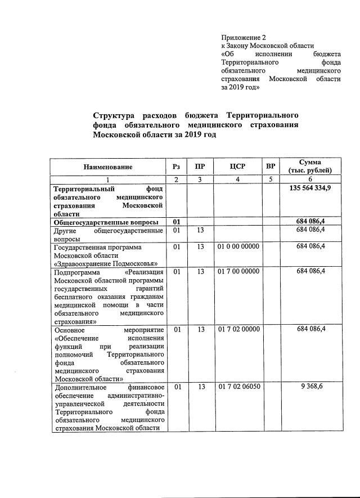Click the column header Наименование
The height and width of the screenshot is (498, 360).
tap(108, 167)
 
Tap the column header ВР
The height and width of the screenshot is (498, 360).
tap(271, 167)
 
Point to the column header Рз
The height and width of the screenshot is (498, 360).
tap(177, 167)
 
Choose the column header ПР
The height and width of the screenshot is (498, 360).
tap(200, 167)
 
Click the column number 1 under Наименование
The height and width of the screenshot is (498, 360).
tap(108, 179)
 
